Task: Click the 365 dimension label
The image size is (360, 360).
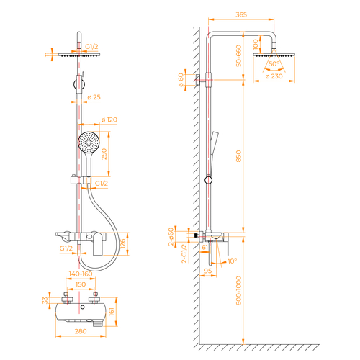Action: coord(241,14)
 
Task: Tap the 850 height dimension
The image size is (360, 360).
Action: coord(238,156)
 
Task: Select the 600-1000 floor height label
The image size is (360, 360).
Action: coord(238,291)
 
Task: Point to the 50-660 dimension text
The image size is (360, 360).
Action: coord(238,55)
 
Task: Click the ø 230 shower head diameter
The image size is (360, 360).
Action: coord(274,76)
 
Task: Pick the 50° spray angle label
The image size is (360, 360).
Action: coord(274,64)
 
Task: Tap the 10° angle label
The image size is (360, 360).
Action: coord(232,261)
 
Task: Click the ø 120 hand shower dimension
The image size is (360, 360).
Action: coord(109,120)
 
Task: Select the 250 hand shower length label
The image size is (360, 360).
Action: coord(104,154)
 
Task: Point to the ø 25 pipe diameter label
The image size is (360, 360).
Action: coord(94,97)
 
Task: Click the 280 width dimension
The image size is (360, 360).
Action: coord(81,331)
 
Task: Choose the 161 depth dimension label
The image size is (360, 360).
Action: coord(112,312)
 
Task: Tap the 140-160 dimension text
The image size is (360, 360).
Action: coord(81,274)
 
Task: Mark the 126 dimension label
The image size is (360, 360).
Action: coord(122,243)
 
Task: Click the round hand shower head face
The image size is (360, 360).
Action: coord(89,142)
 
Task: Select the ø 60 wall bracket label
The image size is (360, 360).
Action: coord(181,80)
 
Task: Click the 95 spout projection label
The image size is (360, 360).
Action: coord(208,271)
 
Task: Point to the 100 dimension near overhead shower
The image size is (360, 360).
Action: coord(256,45)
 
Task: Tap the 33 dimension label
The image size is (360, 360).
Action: coord(45,300)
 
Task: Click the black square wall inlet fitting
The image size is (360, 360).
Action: coord(196,235)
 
